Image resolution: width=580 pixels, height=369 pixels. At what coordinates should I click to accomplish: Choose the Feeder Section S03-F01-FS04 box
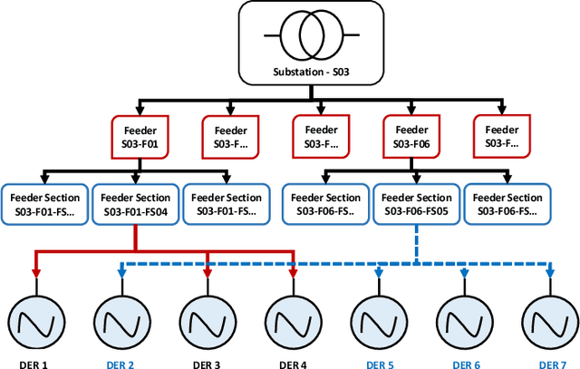136,204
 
